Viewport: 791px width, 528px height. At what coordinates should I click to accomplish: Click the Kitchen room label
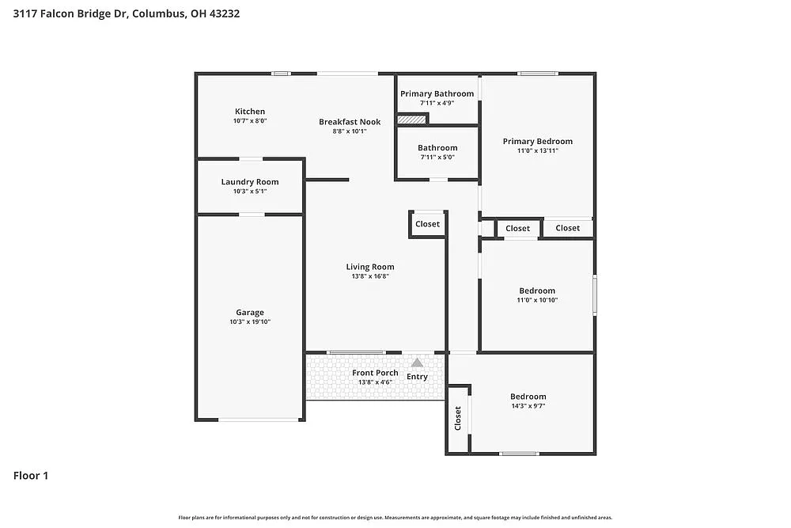[x=249, y=112]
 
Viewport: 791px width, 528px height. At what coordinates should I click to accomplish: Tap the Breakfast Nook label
[x=350, y=122]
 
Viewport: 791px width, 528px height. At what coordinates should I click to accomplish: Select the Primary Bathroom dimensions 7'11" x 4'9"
[x=437, y=103]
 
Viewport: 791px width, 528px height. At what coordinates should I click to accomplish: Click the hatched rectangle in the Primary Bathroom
[x=411, y=120]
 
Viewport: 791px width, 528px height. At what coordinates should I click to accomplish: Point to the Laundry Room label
[x=249, y=182]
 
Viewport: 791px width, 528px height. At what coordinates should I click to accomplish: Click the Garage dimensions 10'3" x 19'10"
[x=249, y=322]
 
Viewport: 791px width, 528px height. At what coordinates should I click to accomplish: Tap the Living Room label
[x=369, y=267]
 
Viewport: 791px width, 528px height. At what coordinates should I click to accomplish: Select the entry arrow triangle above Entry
[x=417, y=362]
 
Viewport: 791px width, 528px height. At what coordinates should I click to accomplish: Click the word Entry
[x=417, y=377]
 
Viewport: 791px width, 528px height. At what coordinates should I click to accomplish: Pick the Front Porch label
[x=375, y=373]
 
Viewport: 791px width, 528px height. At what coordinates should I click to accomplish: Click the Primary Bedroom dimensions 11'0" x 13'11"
[x=537, y=150]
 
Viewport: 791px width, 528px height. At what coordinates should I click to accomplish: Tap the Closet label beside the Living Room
[x=427, y=224]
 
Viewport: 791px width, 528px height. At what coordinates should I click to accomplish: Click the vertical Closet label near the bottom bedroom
[x=457, y=419]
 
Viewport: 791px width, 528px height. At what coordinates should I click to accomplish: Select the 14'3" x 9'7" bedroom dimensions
[x=528, y=406]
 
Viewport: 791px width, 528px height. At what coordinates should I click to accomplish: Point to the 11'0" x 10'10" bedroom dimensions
[x=537, y=300]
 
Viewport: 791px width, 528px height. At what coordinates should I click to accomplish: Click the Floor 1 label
[x=31, y=476]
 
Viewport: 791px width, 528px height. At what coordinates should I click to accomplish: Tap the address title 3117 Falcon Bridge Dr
[x=126, y=13]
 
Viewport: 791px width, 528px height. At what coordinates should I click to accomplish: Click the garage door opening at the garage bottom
[x=250, y=420]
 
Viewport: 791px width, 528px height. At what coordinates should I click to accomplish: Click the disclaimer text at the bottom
[x=395, y=517]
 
